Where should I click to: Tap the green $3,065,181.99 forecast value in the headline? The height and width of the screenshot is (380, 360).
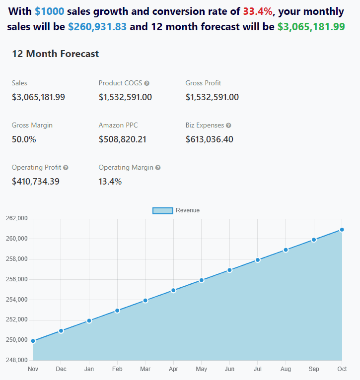311,27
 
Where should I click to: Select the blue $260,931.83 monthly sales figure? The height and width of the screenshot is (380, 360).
97,27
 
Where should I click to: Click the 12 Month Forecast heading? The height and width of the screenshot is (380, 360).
56,54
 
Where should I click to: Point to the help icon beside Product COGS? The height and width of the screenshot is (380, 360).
146,83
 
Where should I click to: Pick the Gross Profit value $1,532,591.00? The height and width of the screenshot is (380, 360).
212,97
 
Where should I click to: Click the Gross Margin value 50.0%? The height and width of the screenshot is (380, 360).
24,139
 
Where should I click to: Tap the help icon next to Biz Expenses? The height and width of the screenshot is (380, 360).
228,126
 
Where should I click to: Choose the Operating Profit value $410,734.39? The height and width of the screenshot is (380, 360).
36,182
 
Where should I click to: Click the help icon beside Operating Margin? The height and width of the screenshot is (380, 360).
158,168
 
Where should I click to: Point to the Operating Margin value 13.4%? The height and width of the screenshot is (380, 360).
110,182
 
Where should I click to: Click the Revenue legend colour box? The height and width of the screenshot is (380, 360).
162,210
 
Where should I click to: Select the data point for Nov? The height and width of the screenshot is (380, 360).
33,341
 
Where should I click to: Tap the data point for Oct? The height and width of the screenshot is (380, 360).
342,230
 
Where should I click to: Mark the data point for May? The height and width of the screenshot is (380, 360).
202,280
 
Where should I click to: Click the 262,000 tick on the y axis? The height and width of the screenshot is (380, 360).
16,219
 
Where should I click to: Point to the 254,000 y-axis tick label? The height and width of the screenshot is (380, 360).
16,300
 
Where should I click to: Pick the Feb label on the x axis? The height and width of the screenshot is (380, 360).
117,369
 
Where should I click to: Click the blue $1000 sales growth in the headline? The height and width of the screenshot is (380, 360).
50,11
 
